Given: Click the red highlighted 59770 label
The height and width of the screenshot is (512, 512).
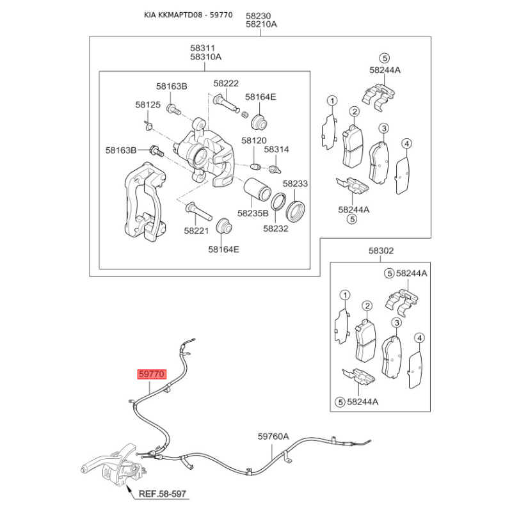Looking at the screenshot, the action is click(x=152, y=374).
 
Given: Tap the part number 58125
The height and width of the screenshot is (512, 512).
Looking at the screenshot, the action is click(x=148, y=105).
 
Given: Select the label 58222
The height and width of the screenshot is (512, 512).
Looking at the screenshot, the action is click(x=226, y=84).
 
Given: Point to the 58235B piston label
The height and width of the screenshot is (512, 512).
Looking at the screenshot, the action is click(x=253, y=214).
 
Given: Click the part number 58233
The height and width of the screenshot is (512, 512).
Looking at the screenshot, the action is click(x=295, y=184).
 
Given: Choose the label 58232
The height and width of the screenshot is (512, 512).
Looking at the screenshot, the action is click(x=276, y=228).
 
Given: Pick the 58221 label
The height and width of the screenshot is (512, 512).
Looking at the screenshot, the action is click(x=196, y=231).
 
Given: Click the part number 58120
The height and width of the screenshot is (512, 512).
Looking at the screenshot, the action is click(x=254, y=141).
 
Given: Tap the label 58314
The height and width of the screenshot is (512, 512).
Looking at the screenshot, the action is click(x=276, y=150).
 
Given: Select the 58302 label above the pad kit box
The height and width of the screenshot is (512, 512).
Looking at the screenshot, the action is click(x=381, y=251).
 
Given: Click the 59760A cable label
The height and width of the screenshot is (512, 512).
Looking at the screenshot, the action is click(x=273, y=436).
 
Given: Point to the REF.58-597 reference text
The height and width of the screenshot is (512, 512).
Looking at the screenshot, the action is click(x=163, y=493).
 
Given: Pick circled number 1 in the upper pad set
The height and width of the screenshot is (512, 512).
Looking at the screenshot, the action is click(x=332, y=100).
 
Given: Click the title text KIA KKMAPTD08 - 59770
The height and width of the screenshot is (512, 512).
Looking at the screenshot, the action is click(x=188, y=15).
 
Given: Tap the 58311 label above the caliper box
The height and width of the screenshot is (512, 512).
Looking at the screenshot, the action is click(x=202, y=49).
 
